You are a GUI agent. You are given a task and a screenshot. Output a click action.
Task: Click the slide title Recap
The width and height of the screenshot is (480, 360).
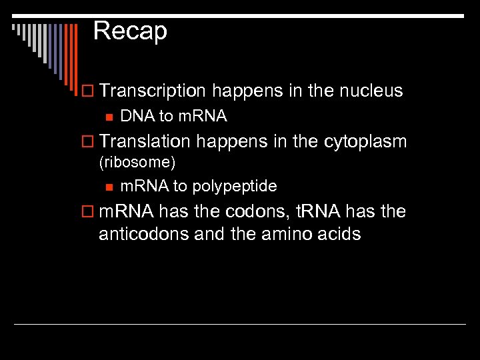click(130, 31)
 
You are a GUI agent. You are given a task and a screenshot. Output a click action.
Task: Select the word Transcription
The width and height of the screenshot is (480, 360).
click(153, 91)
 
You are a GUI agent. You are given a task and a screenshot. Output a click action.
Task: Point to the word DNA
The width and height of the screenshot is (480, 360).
click(137, 116)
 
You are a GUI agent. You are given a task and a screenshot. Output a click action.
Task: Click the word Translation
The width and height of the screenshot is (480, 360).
click(145, 141)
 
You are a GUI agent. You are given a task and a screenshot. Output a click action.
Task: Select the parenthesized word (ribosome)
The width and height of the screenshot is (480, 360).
click(137, 162)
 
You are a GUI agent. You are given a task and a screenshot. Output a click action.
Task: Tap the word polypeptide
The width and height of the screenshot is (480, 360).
click(234, 186)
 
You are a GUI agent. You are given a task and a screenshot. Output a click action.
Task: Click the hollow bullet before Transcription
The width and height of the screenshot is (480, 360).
click(89, 91)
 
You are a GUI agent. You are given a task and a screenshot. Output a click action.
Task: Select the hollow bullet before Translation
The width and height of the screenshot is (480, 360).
click(89, 142)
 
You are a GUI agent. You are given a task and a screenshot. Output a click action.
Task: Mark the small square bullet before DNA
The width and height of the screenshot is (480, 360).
click(109, 117)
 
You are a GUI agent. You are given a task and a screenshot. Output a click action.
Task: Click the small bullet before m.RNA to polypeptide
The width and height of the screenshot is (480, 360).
click(109, 187)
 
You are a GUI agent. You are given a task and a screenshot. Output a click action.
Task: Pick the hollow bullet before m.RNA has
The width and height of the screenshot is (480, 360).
click(89, 213)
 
